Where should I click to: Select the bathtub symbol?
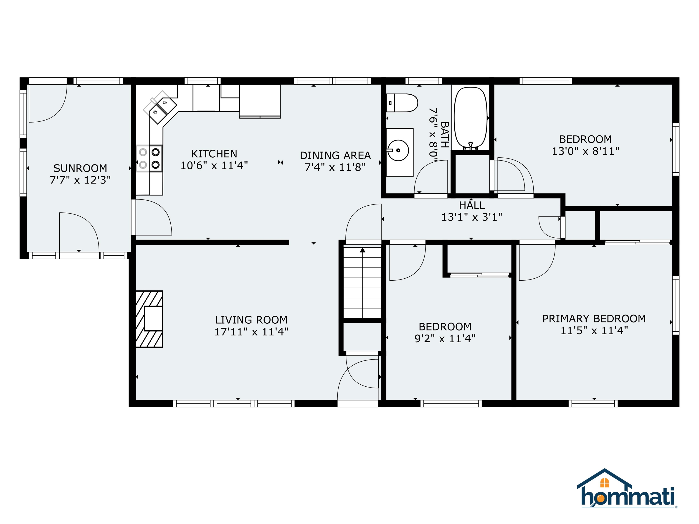[471, 118]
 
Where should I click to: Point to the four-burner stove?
[149, 159]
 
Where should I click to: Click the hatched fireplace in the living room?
[149, 319]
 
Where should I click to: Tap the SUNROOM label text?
[80, 168]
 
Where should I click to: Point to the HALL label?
[472, 205]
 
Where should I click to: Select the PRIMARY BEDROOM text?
[594, 318]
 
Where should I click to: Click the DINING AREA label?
[335, 155]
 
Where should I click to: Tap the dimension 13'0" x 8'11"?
[585, 151]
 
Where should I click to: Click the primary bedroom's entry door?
[537, 262]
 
